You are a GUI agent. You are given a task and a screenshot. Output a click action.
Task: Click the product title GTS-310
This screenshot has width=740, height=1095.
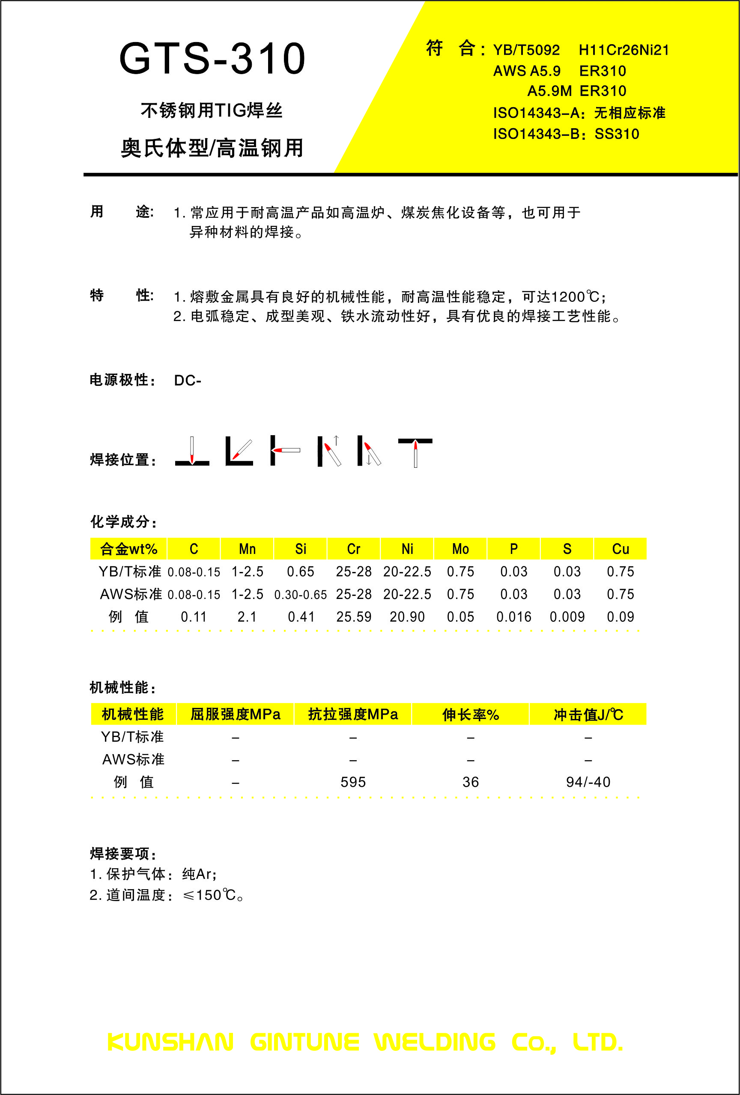(x=212, y=59)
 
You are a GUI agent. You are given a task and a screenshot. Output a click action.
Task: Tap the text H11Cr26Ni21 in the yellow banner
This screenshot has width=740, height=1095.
(x=623, y=50)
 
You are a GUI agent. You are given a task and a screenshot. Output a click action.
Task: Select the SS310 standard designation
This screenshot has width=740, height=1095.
(x=617, y=134)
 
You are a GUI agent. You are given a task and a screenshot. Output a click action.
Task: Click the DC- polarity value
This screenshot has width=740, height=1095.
(x=187, y=380)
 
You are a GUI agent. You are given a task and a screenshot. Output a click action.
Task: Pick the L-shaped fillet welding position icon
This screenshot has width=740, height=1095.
(x=239, y=451)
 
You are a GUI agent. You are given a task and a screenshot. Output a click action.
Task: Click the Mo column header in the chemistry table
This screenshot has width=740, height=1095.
(x=460, y=549)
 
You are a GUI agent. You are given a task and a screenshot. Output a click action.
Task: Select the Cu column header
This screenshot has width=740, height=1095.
(x=621, y=549)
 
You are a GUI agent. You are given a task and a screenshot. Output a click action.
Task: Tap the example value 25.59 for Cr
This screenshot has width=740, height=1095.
(x=354, y=617)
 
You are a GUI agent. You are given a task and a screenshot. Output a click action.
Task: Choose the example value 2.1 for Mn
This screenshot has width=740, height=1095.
(x=247, y=617)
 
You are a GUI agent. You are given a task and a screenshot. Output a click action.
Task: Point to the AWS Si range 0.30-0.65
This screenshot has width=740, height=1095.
(x=300, y=595)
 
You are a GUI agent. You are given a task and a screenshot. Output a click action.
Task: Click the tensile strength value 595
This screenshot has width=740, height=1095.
(x=353, y=782)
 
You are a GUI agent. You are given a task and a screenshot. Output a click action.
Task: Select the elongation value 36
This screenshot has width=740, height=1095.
(x=470, y=782)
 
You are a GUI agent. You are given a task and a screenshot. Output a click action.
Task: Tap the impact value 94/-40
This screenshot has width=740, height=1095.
(x=588, y=782)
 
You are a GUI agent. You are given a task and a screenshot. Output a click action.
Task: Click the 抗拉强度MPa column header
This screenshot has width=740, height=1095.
(x=353, y=714)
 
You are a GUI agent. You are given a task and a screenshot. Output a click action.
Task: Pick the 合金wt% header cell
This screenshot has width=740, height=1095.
(x=128, y=549)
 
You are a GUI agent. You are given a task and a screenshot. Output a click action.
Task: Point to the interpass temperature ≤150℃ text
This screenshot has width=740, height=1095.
(x=213, y=895)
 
